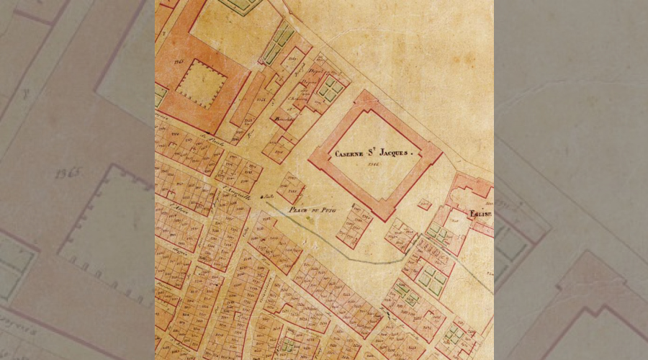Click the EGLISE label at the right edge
click(x=481, y=214)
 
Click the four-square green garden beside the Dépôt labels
click(x=332, y=88)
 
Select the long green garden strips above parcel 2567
click(x=276, y=42)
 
